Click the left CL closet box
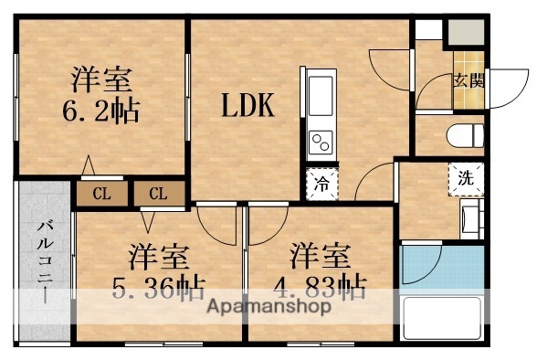(x=101, y=193)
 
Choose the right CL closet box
(x=158, y=193)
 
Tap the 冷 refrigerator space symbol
(x=322, y=183)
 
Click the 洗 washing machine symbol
(x=466, y=178)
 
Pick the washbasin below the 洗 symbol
(x=471, y=219)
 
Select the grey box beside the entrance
(x=463, y=32)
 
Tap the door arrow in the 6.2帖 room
(x=89, y=166)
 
